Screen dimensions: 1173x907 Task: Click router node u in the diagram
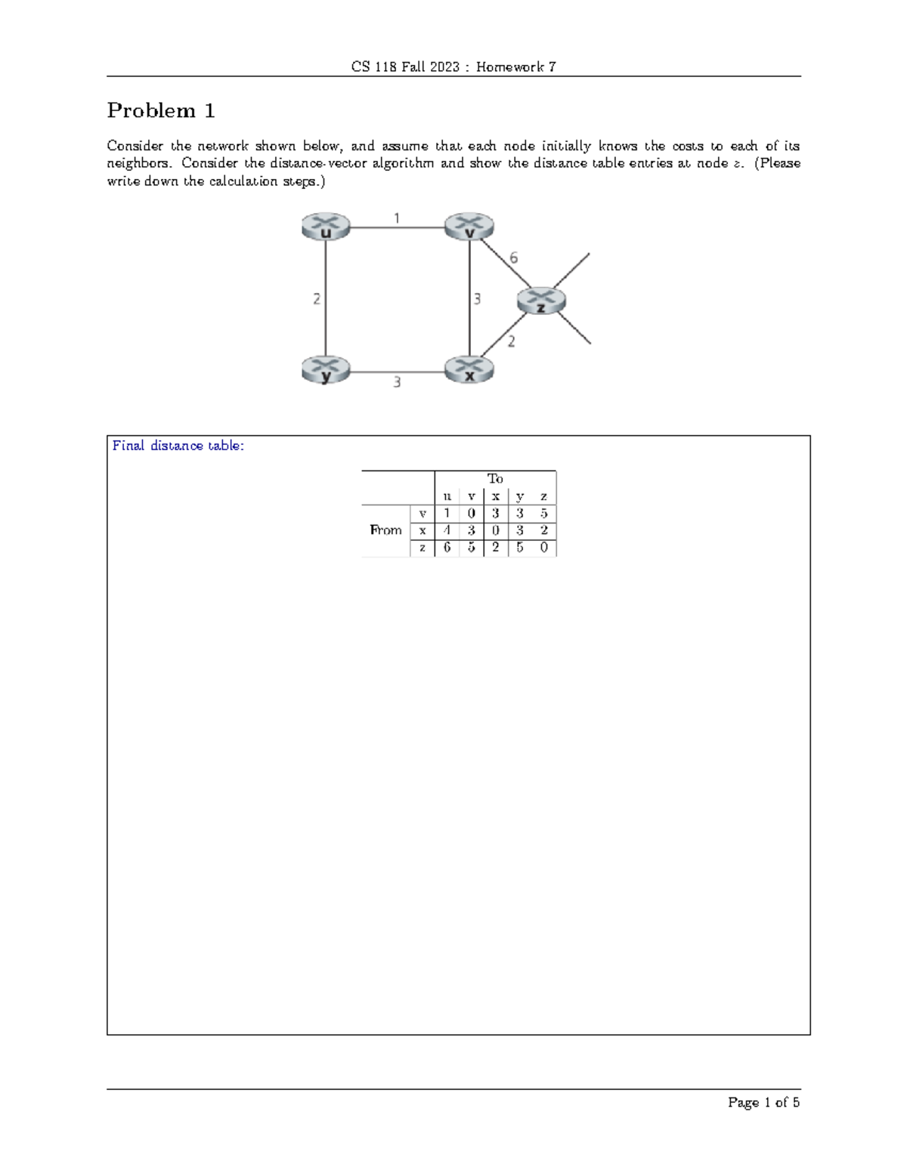(326, 227)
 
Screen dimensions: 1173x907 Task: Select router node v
(469, 227)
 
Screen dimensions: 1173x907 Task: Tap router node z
(541, 301)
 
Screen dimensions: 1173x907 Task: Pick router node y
(326, 370)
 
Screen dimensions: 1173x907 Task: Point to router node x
(469, 370)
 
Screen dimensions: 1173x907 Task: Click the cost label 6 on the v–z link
(514, 258)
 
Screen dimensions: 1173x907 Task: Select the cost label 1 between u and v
(397, 218)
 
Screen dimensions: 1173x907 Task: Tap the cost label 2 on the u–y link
(317, 299)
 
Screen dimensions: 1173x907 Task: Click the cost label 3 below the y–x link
(397, 383)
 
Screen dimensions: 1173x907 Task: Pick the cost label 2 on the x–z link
(512, 342)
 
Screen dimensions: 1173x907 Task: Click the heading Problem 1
(161, 111)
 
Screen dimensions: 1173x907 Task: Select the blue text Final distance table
(178, 446)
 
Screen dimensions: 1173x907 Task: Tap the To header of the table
(495, 479)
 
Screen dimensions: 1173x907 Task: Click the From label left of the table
(385, 530)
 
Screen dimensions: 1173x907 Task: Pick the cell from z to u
(447, 548)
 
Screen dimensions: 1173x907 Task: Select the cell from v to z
(543, 514)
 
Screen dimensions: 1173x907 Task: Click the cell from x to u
(447, 530)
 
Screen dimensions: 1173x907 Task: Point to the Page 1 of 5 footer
(763, 1103)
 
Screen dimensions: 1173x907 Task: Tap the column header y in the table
(519, 496)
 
